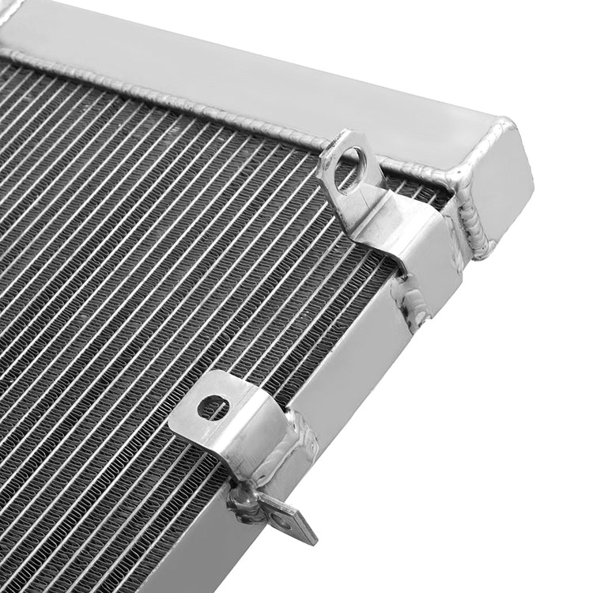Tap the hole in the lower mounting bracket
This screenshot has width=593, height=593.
pyautogui.click(x=213, y=407)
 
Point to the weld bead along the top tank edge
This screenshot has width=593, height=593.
pyautogui.click(x=198, y=99)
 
